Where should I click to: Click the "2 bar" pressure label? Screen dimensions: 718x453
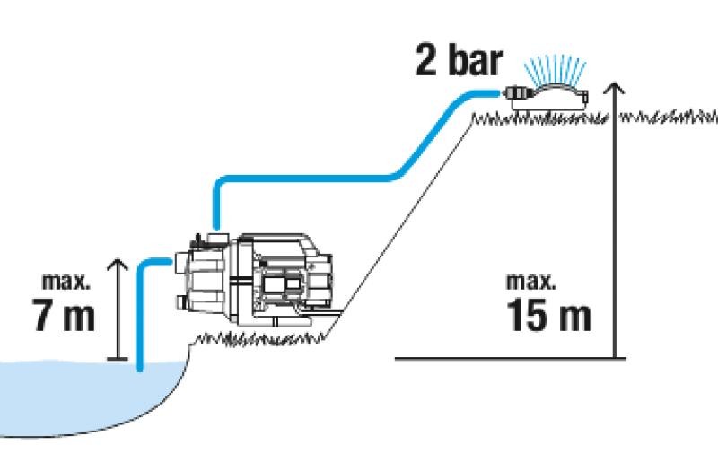459,60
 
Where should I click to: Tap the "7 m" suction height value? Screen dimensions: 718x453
64,314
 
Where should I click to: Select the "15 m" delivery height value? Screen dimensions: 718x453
548,314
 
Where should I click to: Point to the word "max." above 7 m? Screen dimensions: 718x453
66,281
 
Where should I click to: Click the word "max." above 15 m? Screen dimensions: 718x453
531,281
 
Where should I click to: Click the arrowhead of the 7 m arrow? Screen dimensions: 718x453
118,265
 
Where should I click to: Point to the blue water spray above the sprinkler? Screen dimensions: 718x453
555,70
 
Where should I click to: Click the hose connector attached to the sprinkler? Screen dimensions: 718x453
516,93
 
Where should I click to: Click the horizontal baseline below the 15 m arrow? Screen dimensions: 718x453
510,358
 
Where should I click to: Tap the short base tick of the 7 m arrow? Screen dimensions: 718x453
118,359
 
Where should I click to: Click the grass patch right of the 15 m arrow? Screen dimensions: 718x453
669,117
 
